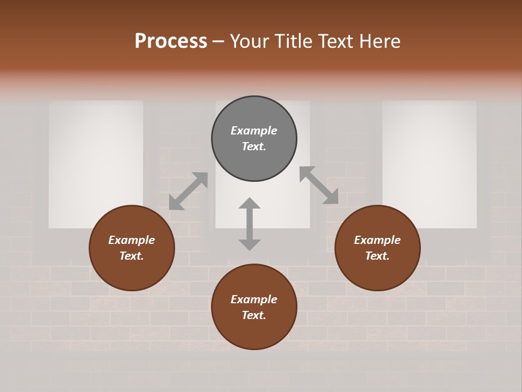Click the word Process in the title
click(x=171, y=41)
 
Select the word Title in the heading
click(x=290, y=41)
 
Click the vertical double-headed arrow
click(x=250, y=224)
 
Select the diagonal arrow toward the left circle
click(x=188, y=191)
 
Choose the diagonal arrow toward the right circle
click(x=319, y=185)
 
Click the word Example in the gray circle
click(x=254, y=131)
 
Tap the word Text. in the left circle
click(x=132, y=256)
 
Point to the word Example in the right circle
click(x=377, y=240)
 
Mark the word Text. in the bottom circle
click(x=254, y=315)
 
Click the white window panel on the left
click(x=96, y=163)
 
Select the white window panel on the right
click(x=430, y=163)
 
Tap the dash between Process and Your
click(x=219, y=41)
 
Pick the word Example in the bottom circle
click(x=254, y=299)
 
